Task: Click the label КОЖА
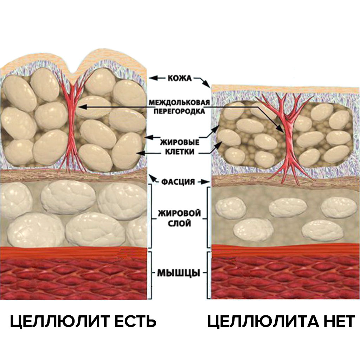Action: point(179,78)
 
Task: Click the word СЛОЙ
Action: point(179,223)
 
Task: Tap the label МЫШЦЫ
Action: point(179,272)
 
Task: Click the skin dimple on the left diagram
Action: point(73,74)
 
